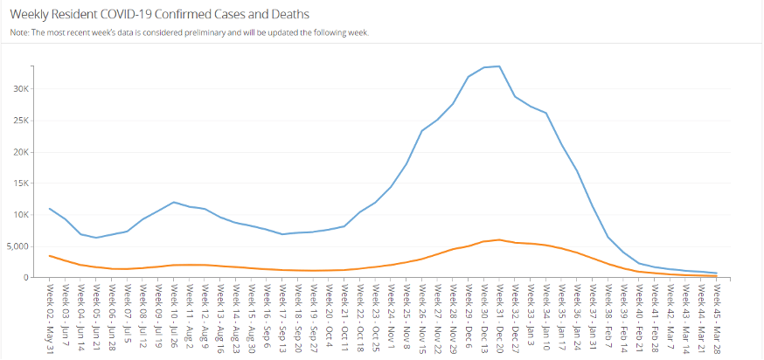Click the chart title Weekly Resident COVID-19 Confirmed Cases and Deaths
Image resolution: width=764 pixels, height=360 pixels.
(x=159, y=15)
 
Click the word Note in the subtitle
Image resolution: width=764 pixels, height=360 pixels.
(x=18, y=32)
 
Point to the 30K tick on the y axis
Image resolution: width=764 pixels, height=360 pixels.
(x=21, y=89)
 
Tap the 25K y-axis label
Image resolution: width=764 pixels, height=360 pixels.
(x=21, y=121)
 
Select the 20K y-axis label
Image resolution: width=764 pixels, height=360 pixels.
(x=21, y=152)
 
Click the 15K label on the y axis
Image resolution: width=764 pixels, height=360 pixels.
(x=21, y=183)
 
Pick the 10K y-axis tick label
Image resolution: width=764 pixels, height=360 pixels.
(x=21, y=215)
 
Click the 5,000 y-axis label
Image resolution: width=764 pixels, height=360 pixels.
(x=17, y=246)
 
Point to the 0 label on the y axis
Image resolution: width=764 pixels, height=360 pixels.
(x=26, y=278)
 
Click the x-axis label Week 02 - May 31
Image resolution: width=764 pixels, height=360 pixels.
(x=51, y=315)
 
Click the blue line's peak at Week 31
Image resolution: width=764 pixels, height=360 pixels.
(x=499, y=66)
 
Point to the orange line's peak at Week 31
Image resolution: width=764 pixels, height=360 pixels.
(x=499, y=239)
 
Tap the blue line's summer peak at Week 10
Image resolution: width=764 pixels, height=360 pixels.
(x=174, y=202)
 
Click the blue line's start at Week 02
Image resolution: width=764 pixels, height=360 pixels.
(x=50, y=208)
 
